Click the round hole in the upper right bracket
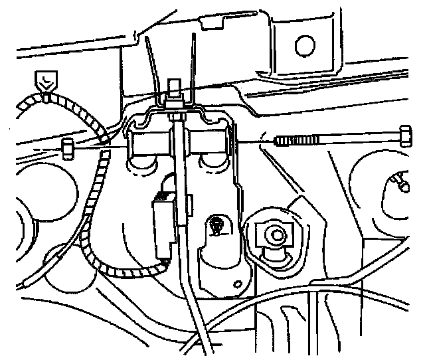click(x=304, y=45)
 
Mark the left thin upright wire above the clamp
click(x=151, y=60)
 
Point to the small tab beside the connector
click(x=190, y=198)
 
